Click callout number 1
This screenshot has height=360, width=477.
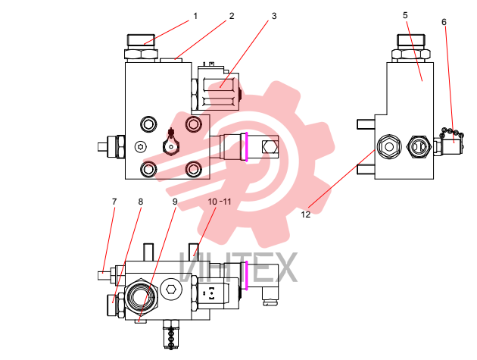tap(195, 16)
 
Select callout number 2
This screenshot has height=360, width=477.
tap(232, 16)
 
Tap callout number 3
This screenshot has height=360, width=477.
tap(274, 16)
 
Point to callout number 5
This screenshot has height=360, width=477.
tap(405, 15)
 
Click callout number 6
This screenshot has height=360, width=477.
tap(444, 22)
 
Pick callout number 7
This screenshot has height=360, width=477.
tap(114, 202)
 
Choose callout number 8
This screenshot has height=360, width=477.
tap(140, 202)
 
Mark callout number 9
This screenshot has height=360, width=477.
tap(175, 202)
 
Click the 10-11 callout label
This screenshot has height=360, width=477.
tap(220, 202)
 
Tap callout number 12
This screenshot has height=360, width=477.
tap(305, 214)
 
